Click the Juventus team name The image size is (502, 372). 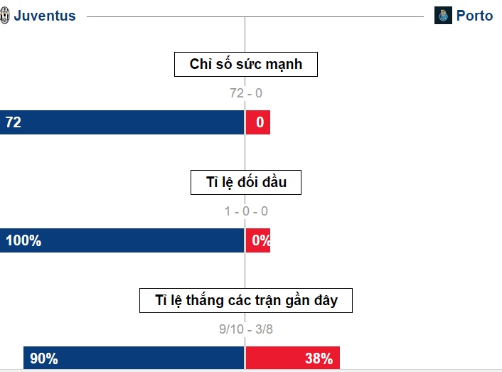(x=45, y=16)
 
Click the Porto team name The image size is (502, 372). (x=474, y=16)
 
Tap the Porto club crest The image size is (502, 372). (x=443, y=16)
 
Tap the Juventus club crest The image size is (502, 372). (x=4, y=16)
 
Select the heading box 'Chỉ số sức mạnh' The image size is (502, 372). (x=246, y=64)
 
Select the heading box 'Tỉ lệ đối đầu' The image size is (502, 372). (x=246, y=183)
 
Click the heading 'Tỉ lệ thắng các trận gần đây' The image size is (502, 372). (x=246, y=301)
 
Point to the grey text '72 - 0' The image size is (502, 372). (x=246, y=93)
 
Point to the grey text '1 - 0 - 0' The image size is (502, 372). (x=246, y=211)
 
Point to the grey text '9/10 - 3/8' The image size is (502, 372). (x=246, y=329)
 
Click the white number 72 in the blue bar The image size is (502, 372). (x=14, y=122)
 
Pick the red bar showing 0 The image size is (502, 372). (x=258, y=122)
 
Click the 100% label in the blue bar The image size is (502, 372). (x=23, y=240)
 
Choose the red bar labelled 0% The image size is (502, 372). (x=258, y=240)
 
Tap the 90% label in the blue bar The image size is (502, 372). (x=44, y=358)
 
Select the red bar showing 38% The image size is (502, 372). (x=293, y=358)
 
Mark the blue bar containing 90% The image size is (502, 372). (x=134, y=358)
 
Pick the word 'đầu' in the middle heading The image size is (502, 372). (x=274, y=182)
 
